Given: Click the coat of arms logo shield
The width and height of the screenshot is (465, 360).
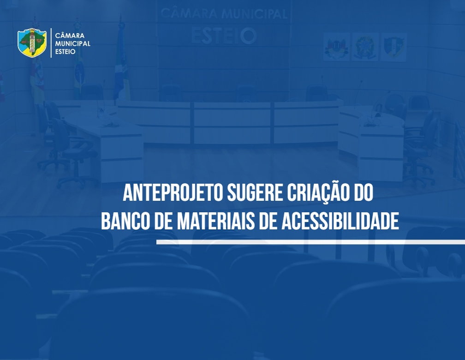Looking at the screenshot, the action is pos(32,43).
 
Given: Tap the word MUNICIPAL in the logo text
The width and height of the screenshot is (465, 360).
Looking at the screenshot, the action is pos(73,44).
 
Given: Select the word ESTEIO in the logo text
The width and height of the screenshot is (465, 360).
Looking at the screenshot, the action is pos(65,52).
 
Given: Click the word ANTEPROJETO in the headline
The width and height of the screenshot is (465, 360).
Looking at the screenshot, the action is pos(173,193).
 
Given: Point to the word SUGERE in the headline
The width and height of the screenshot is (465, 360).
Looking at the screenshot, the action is pos(255,193).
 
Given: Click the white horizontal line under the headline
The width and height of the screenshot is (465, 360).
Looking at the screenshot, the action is pos(310,242).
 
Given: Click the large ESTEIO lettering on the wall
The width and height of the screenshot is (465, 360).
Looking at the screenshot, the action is pos(224,36).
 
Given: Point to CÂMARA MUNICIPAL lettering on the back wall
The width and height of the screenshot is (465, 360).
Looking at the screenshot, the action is pos(224,14).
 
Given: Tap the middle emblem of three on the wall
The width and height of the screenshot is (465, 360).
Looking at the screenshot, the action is pos(365,47).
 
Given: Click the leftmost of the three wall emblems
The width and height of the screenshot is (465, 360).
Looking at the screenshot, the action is pos(336,47).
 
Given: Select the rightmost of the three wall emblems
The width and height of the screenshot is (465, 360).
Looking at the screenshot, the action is pos(393,47).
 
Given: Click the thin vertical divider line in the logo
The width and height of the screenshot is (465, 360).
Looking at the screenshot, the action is pos(51,43).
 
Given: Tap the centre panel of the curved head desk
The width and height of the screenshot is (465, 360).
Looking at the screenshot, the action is pos(232,123).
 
